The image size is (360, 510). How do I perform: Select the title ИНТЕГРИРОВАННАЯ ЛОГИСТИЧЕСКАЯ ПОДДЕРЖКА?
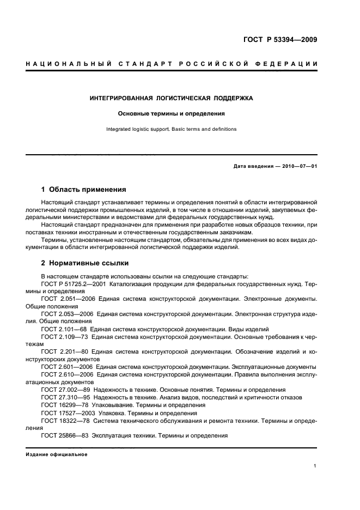click(172, 99)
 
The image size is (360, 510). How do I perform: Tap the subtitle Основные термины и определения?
click(172, 114)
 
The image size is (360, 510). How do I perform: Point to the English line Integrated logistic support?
click(172, 130)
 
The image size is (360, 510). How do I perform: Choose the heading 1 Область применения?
click(83, 190)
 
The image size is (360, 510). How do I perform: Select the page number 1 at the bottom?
click(315, 466)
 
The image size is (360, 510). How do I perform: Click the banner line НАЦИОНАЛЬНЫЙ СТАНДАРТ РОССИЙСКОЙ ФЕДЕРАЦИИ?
click(172, 64)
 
